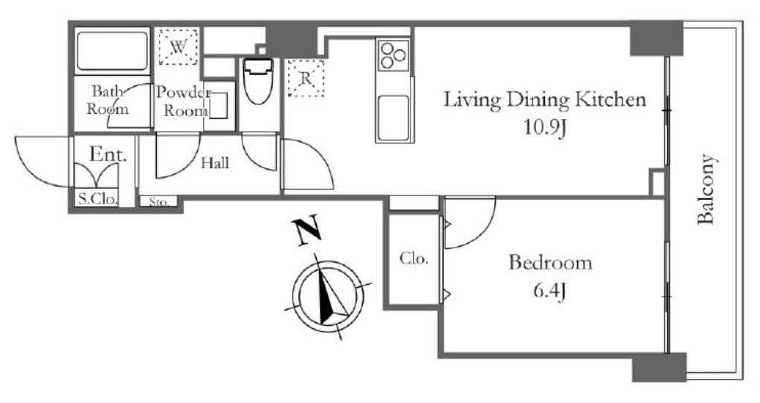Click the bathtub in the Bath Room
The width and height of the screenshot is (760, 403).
[112, 51]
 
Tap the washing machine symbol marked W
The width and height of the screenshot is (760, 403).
[178, 47]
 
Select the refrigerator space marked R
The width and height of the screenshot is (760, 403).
[306, 78]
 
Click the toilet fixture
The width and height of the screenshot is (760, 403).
[258, 81]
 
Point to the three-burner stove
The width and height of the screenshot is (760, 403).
[393, 55]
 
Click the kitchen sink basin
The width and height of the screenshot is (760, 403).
[393, 117]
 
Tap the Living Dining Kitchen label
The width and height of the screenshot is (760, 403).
[545, 100]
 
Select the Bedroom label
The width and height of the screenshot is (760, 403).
[550, 262]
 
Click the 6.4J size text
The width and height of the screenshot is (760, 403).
[550, 291]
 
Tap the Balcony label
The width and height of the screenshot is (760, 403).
[706, 189]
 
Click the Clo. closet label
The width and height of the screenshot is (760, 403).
[414, 259]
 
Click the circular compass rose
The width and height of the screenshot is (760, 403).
[328, 297]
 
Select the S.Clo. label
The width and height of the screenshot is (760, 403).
[97, 199]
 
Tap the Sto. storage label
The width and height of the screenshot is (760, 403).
[158, 201]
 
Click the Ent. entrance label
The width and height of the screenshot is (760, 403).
[108, 155]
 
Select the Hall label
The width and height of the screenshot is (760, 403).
[215, 163]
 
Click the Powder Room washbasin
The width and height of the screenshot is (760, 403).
[218, 105]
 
